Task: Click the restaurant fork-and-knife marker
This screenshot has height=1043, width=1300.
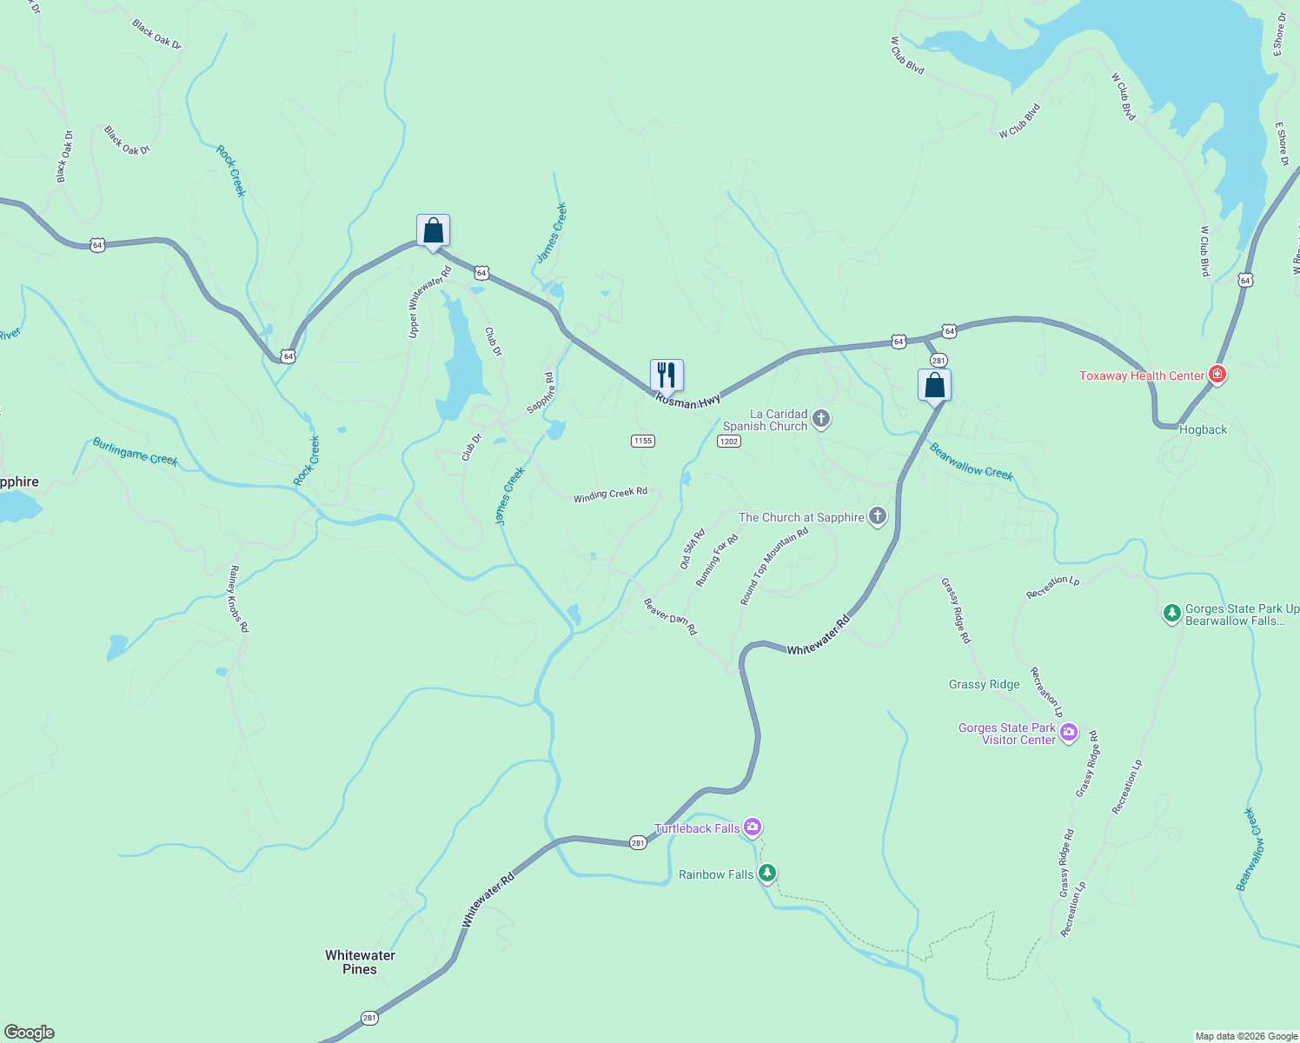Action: (x=667, y=375)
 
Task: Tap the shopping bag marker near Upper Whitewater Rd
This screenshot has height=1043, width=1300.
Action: (x=433, y=231)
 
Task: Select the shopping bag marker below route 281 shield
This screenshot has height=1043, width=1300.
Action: (x=934, y=385)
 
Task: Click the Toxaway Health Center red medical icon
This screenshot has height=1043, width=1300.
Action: (x=1217, y=375)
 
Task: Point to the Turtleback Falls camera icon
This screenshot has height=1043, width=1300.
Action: (x=753, y=827)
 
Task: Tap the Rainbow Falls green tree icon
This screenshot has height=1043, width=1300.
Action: (x=766, y=873)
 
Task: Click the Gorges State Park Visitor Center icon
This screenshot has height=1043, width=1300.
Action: (x=1069, y=733)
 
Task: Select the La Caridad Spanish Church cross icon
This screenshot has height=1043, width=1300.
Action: (x=821, y=420)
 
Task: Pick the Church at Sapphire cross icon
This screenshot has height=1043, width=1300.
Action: (x=878, y=517)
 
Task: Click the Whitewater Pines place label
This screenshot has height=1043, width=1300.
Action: (x=360, y=962)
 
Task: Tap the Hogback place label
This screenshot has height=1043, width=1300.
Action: (x=1203, y=429)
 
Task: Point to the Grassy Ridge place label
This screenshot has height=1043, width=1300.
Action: (x=984, y=684)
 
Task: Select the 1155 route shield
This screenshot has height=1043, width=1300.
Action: (x=642, y=441)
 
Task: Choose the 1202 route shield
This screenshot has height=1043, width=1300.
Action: (x=728, y=442)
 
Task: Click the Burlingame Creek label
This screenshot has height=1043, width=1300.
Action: (x=136, y=452)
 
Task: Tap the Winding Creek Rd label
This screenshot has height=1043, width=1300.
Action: (x=610, y=495)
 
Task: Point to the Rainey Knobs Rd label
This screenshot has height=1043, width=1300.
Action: (x=238, y=598)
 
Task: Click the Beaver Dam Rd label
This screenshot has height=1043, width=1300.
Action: (x=670, y=616)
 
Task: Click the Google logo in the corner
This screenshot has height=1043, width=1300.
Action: (x=30, y=1033)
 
